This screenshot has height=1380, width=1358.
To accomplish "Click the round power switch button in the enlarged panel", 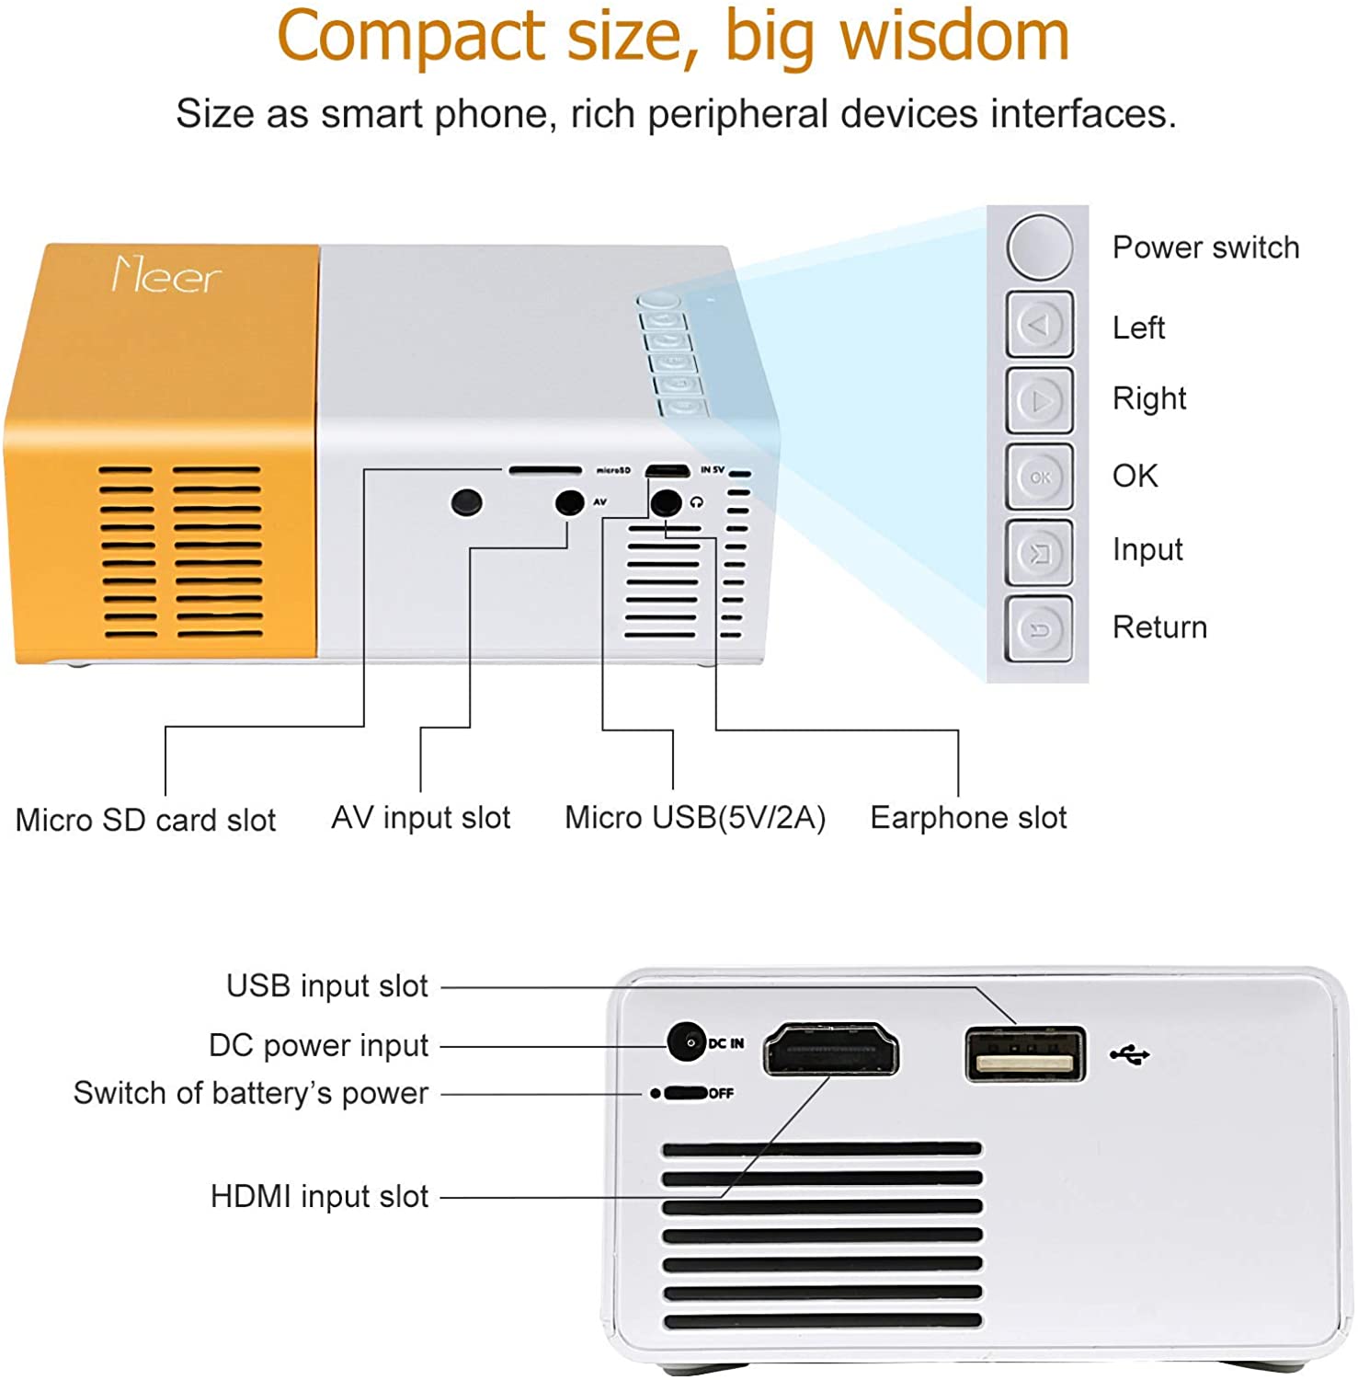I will tap(1039, 247).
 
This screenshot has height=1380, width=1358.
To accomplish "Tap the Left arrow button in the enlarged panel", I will tap(1039, 324).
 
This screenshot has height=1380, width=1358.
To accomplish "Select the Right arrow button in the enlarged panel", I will tap(1039, 400).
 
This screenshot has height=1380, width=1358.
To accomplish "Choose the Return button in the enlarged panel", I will tap(1039, 629).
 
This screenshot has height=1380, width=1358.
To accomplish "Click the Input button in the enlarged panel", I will tap(1039, 553).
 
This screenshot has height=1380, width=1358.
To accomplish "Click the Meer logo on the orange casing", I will tap(166, 275).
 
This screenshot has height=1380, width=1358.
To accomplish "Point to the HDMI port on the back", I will tap(830, 1050).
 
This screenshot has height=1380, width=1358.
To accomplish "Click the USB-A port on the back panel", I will tap(1024, 1054).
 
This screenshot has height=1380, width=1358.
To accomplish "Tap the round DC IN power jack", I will tap(685, 1042).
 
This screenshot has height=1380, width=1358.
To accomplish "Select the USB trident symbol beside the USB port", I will tap(1129, 1054).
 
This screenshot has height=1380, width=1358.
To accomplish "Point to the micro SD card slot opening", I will tap(545, 470).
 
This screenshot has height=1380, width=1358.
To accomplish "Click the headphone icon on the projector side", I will tap(697, 502).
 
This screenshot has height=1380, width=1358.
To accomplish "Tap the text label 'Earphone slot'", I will tap(968, 817).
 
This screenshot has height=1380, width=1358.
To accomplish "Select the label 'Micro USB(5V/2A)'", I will tap(695, 817).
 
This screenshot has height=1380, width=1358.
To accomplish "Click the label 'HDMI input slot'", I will tap(319, 1196).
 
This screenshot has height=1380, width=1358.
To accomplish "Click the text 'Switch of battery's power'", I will tap(250, 1093).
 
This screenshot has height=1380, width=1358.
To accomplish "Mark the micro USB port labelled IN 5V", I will tap(668, 471).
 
